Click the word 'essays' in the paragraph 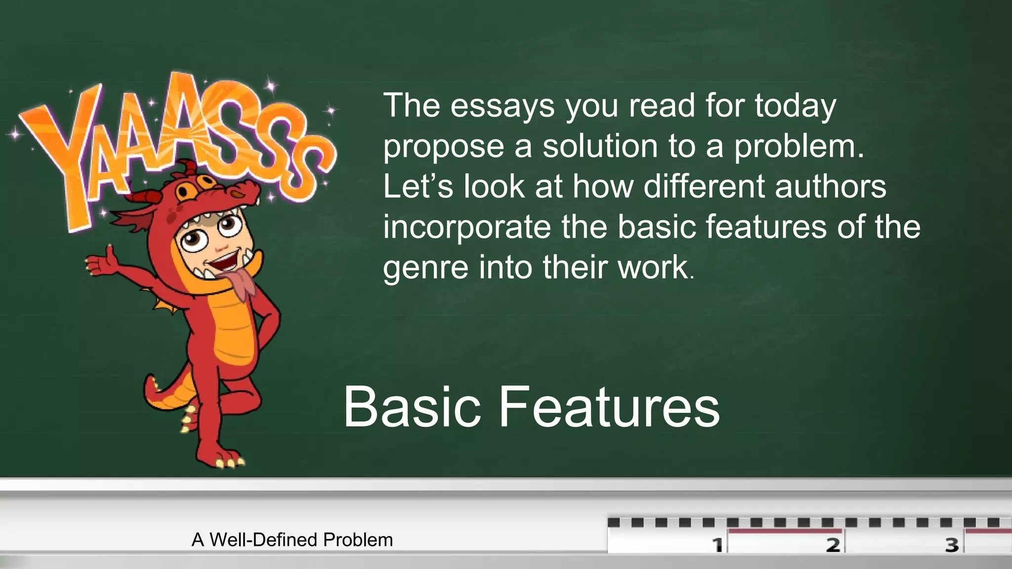click(503, 106)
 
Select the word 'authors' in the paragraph click(830, 187)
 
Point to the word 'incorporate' click(466, 227)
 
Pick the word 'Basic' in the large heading click(412, 407)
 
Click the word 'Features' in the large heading click(609, 407)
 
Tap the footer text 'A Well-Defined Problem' click(292, 540)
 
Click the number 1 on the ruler click(717, 545)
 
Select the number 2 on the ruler click(833, 545)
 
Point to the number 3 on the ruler click(951, 545)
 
